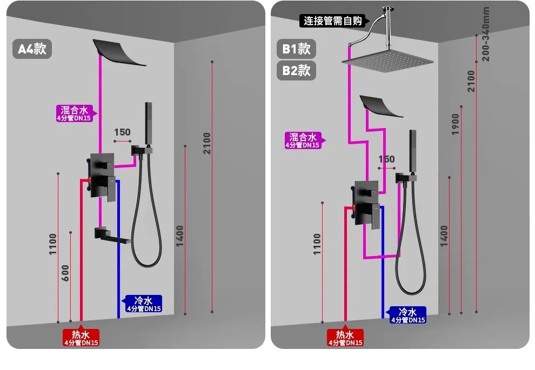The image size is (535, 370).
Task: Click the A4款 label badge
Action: click(32, 49)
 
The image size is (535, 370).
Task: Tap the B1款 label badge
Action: click(296, 49)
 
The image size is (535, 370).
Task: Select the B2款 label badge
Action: click(296, 70)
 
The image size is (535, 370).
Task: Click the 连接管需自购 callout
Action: click(332, 21)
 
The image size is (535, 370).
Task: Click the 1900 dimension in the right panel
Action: click(455, 124)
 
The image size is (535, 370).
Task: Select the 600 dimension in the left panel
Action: click(65, 273)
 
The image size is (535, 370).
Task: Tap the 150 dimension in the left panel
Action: click(122, 132)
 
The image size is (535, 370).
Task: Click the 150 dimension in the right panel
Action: click(386, 159)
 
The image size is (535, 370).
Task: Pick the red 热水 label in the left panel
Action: click(81, 338)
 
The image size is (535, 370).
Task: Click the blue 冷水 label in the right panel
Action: click(407, 315)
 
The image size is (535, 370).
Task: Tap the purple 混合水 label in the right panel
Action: click(303, 140)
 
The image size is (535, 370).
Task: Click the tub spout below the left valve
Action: click(112, 234)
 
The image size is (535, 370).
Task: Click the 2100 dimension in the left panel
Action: click(207, 143)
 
